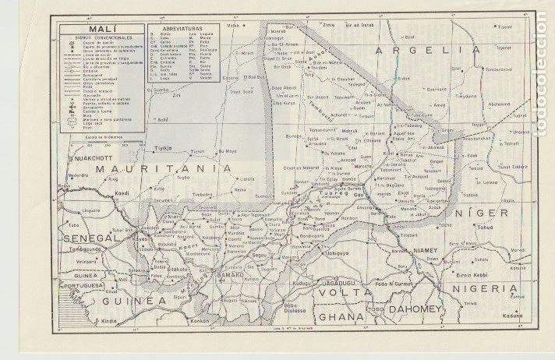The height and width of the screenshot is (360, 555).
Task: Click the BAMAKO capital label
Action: [x=231, y=276]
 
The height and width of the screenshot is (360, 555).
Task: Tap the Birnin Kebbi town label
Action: [x=472, y=275]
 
